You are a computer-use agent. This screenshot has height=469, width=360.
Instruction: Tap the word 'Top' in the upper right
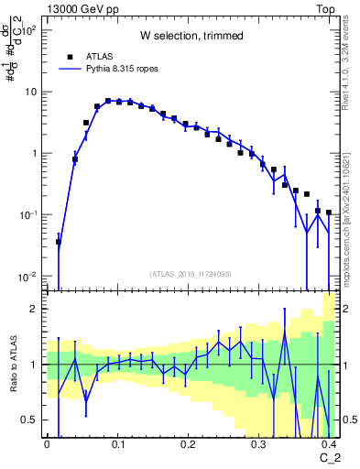[323, 8]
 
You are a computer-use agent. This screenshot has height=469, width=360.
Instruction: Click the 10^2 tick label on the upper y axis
[29, 30]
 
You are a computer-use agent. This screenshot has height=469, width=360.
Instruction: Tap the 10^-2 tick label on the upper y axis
[29, 277]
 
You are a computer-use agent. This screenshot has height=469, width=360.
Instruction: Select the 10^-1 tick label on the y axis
[29, 215]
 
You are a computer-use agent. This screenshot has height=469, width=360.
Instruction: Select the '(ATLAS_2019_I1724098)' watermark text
[191, 273]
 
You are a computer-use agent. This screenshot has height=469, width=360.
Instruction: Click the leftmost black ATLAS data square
[59, 242]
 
